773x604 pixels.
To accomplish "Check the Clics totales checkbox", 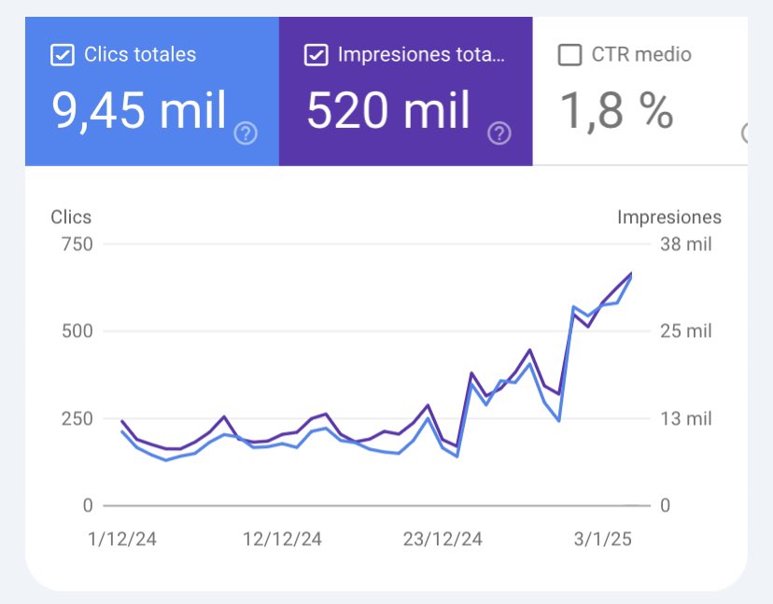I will click(62, 55).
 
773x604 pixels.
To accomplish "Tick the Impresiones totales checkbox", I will click(316, 55).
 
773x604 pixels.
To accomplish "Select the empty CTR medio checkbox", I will click(569, 55).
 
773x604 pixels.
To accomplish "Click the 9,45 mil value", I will click(138, 111).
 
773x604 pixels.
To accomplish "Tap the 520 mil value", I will click(388, 111).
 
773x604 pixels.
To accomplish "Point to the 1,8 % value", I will click(616, 111).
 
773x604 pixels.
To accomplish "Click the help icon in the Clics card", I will click(246, 134).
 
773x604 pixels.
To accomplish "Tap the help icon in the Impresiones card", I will click(499, 134).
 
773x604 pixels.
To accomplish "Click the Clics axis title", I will click(71, 218).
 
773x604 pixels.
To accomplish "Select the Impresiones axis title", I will click(668, 218).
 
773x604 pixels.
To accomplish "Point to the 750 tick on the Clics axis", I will click(76, 245).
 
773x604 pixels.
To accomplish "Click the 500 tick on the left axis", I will click(76, 331).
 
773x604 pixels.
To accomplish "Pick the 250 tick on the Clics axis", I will click(76, 419).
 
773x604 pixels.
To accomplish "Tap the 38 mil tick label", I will click(685, 245).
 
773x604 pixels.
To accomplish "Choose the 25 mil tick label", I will click(685, 331).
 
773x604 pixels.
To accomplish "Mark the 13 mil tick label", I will click(685, 419).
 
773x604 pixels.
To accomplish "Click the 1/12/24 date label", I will click(121, 540).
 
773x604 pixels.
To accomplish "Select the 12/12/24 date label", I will click(282, 540).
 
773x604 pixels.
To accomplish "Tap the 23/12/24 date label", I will click(443, 540).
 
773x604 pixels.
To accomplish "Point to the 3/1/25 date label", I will click(602, 540).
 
